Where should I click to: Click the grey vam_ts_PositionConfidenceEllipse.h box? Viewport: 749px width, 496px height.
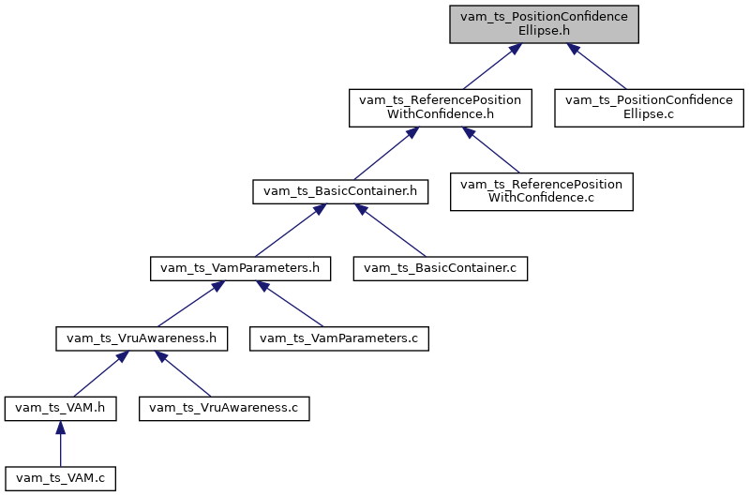click(x=544, y=23)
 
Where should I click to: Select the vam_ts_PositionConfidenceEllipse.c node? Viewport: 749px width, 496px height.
click(x=649, y=108)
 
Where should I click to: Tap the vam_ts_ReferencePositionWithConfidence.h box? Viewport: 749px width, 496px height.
click(x=441, y=108)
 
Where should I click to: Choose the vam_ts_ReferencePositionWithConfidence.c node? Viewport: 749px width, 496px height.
click(x=542, y=190)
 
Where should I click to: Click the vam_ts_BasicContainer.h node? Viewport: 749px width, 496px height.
click(x=340, y=190)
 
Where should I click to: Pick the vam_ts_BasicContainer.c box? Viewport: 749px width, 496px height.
click(x=440, y=268)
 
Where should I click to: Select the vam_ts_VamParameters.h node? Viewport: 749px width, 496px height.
click(x=241, y=268)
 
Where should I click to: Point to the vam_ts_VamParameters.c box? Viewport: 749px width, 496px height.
click(x=338, y=338)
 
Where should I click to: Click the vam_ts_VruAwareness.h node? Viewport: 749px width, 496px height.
click(x=142, y=338)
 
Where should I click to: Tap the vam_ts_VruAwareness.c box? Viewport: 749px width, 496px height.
click(x=224, y=408)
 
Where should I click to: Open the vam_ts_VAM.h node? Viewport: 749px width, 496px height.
click(x=60, y=408)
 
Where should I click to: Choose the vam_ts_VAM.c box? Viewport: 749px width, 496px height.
click(x=60, y=478)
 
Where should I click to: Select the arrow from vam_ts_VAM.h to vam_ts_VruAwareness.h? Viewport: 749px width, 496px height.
click(x=97, y=374)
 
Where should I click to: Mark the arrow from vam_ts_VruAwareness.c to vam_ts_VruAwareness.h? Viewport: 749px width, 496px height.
click(x=185, y=374)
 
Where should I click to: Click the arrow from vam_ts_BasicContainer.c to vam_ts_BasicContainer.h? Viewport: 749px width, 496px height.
click(x=391, y=231)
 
